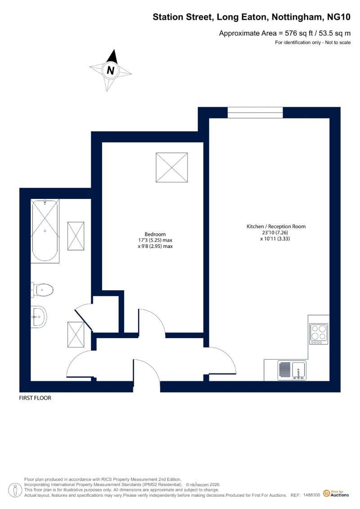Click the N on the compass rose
(110, 70)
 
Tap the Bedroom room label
(155, 234)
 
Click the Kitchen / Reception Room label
(276, 226)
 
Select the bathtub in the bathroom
(45, 231)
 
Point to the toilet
(42, 290)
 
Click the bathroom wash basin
(39, 316)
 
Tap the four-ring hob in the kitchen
(319, 333)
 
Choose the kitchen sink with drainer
(292, 370)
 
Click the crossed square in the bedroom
(172, 167)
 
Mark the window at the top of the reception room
(255, 113)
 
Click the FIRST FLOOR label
(35, 398)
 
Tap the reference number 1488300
(312, 495)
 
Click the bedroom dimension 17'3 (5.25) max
(155, 240)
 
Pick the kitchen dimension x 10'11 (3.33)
(275, 239)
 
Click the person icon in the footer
(14, 490)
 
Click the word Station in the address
(168, 17)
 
